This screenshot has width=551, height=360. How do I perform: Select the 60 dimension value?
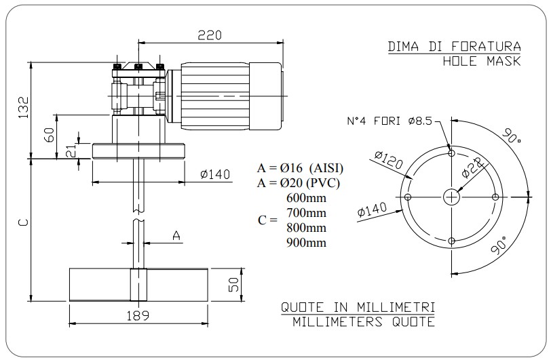tap(50, 135)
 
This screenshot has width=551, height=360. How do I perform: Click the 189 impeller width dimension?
tap(139, 315)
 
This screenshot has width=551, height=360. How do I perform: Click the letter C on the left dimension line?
tap(22, 223)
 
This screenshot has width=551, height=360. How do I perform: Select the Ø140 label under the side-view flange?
tap(215, 175)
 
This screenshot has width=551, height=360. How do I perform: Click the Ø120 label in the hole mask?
tap(388, 161)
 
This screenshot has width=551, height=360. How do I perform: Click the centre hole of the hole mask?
tap(452, 197)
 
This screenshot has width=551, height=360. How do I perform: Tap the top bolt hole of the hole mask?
tap(452, 153)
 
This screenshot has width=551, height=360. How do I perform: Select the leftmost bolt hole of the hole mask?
tap(408, 197)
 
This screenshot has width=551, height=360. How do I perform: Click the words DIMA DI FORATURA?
tap(454, 47)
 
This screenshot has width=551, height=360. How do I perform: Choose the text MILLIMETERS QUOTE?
tap(364, 321)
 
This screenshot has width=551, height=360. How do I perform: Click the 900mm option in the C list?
tap(307, 242)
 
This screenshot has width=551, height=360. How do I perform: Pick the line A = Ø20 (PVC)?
tap(299, 182)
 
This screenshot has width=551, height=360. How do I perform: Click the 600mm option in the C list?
tap(307, 198)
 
